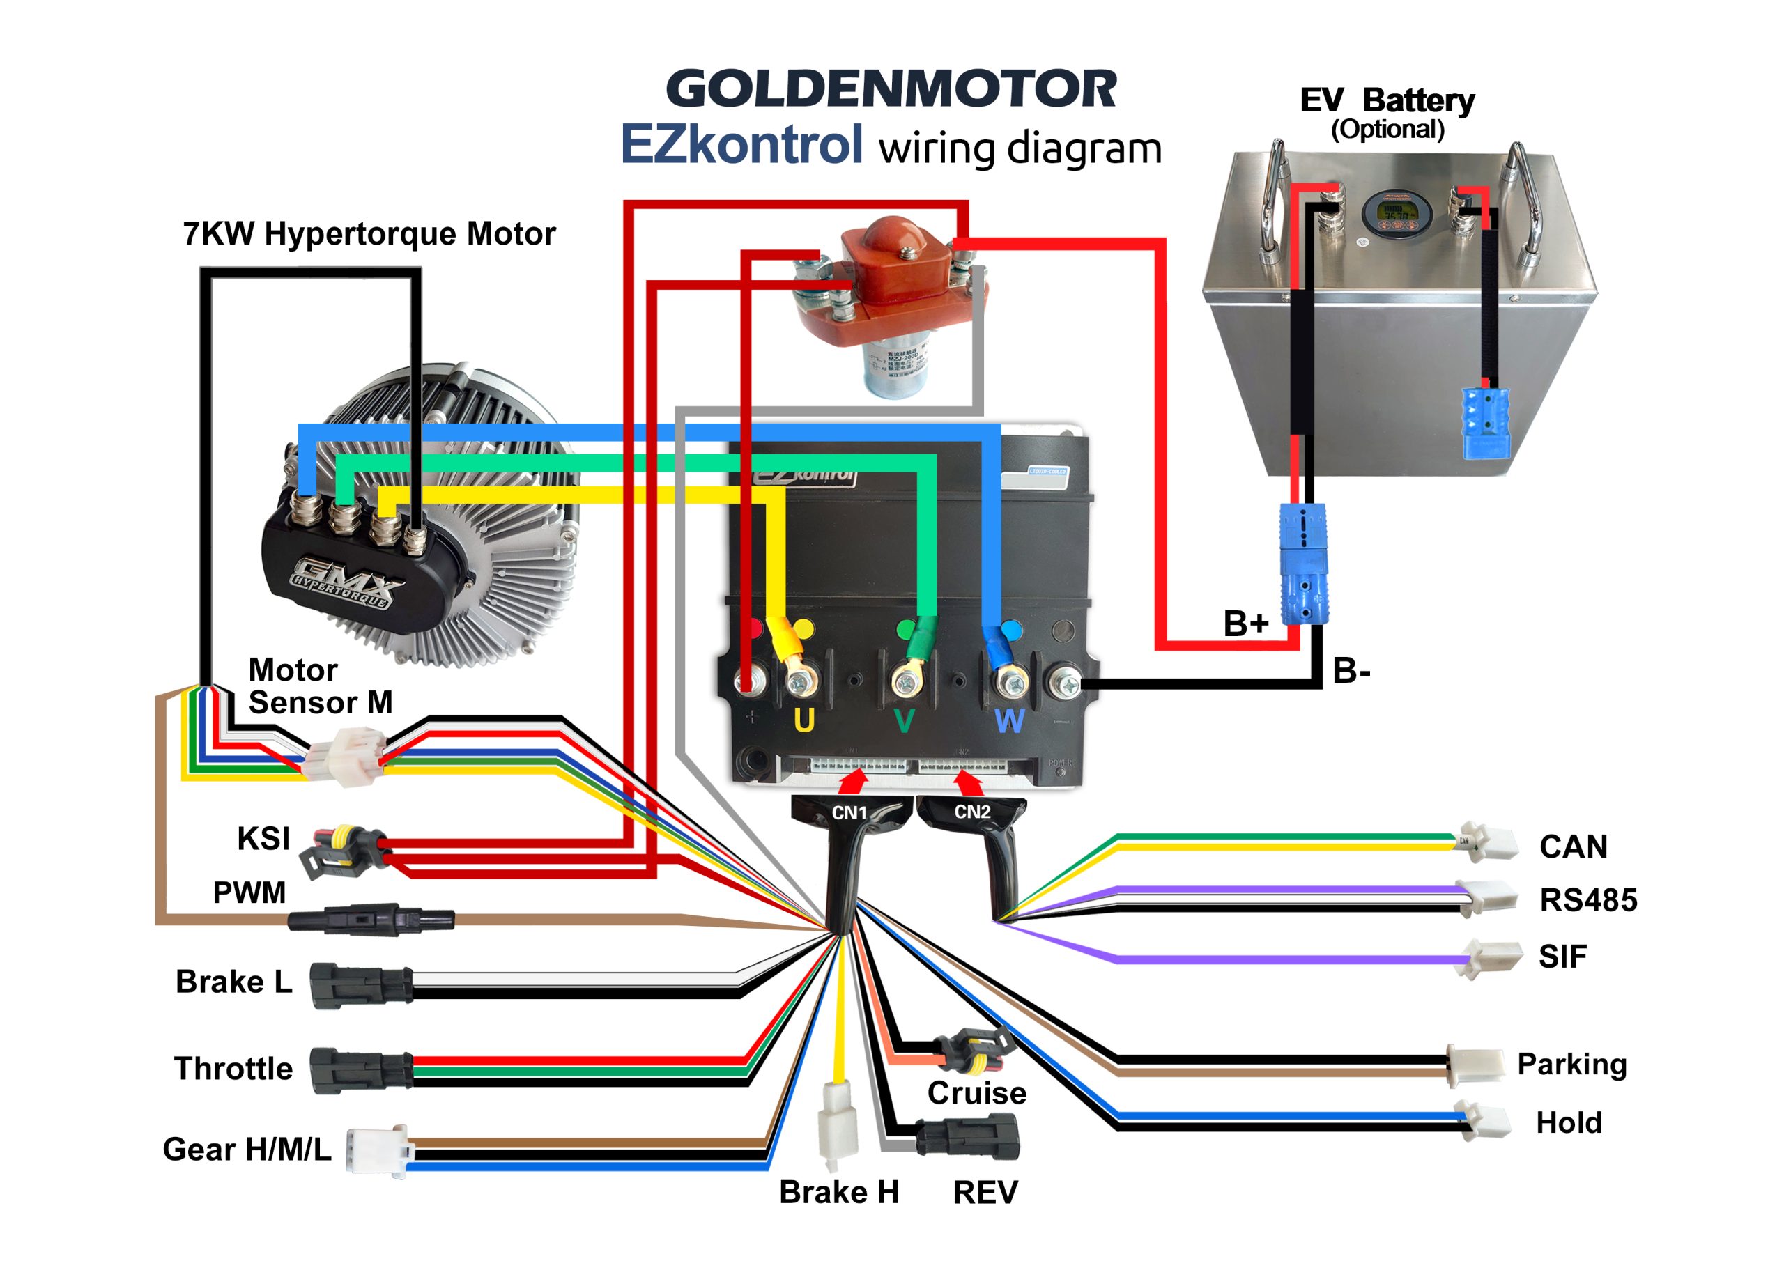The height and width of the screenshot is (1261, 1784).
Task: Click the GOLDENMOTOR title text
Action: click(x=891, y=88)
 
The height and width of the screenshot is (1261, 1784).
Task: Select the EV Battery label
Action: click(x=1387, y=101)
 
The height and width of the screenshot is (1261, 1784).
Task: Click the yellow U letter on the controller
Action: click(x=803, y=721)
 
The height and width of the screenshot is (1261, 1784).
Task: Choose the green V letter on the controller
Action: click(x=904, y=721)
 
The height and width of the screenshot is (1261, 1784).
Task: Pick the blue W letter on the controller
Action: click(x=1009, y=721)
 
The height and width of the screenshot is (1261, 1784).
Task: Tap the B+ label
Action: click(x=1245, y=623)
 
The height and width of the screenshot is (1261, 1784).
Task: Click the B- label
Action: click(x=1351, y=670)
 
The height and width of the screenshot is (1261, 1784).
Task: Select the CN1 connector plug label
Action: click(x=849, y=813)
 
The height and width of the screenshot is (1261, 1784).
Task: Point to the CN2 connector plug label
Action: click(x=972, y=812)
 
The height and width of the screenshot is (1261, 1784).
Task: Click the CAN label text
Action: click(x=1574, y=846)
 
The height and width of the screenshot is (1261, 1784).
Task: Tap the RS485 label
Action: click(x=1588, y=899)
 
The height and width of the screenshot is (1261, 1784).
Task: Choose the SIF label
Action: click(x=1562, y=957)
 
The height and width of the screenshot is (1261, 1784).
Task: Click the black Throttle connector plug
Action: click(x=360, y=1070)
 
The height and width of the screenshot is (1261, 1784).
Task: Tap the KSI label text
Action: click(x=263, y=839)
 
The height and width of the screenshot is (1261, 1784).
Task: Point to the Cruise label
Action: click(x=977, y=1093)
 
